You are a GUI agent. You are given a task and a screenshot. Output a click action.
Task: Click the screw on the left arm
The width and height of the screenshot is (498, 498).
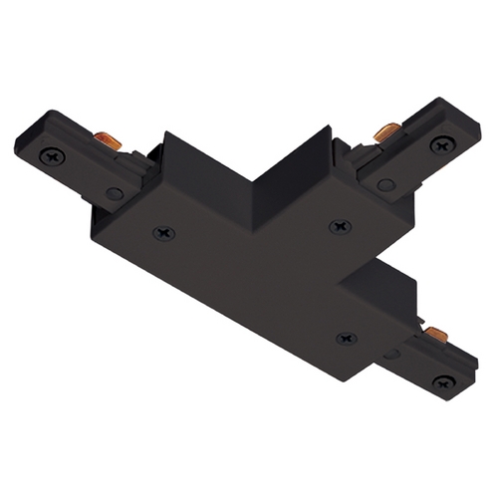coord(51,156)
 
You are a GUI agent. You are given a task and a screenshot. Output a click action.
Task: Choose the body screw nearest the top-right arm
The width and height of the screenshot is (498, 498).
coord(336,227)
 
